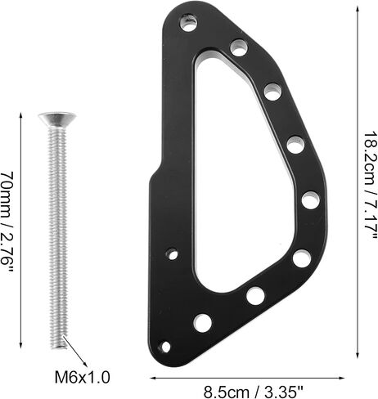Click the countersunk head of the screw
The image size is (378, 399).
pos(57,119)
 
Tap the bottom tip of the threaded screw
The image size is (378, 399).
pos(58,348)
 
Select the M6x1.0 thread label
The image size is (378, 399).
pos(83,378)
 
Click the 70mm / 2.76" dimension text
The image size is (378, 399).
pos(7,222)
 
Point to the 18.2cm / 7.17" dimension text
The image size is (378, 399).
pos(371,186)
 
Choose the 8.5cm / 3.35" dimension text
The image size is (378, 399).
pos(254,392)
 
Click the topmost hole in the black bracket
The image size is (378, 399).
pos(189,23)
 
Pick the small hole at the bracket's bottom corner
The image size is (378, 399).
pos(164,347)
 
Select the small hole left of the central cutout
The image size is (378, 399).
pos(172,254)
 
